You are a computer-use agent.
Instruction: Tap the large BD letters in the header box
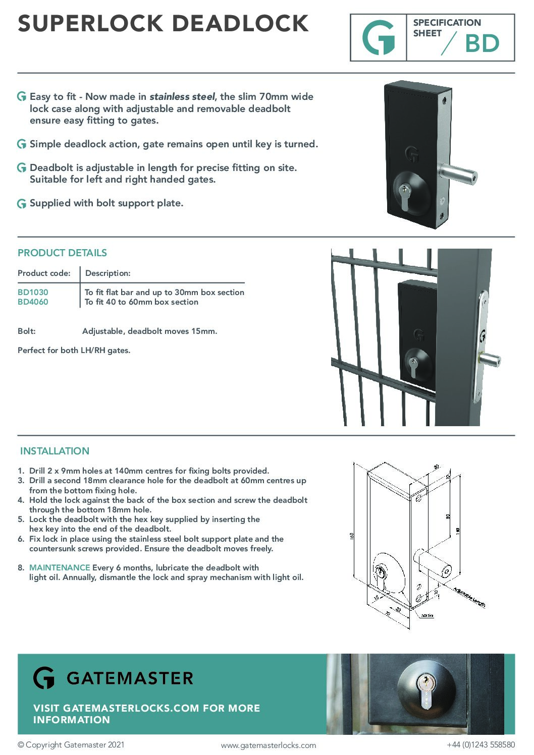point(482,44)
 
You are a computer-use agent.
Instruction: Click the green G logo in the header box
point(379,38)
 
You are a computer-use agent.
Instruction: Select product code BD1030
point(33,292)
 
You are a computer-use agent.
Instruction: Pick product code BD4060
point(33,302)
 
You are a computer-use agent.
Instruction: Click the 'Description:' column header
point(108,273)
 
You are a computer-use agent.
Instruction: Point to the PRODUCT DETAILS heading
point(62,253)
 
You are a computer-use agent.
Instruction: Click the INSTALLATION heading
point(55,451)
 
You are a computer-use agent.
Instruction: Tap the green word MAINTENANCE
point(60,567)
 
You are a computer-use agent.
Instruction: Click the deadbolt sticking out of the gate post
point(490,360)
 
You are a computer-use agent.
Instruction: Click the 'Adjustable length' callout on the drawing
point(469,597)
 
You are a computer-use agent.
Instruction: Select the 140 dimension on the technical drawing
point(458,531)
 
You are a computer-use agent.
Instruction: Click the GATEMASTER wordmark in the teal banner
point(130,678)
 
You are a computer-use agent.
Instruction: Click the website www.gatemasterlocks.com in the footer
point(269,745)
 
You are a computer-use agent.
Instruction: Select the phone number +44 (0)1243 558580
point(480,745)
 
